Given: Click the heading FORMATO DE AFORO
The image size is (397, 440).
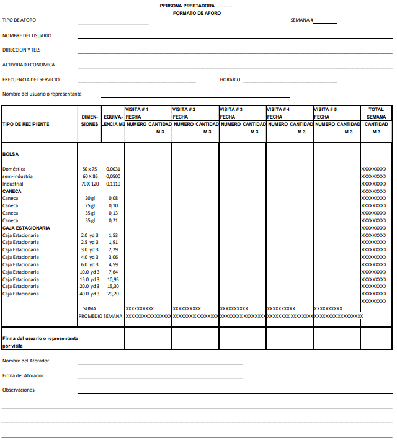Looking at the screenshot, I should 197,13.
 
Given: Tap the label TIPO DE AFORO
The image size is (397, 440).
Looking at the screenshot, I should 19,20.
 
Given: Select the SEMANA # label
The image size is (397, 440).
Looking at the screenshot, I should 301,20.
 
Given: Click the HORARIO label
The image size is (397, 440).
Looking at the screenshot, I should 230,79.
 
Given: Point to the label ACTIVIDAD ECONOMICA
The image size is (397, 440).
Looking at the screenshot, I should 29,65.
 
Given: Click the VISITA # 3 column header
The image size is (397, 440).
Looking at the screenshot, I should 231,109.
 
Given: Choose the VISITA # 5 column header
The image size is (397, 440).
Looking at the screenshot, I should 325,109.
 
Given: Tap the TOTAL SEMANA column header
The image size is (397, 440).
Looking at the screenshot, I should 376,113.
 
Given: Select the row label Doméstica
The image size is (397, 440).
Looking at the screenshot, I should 14,169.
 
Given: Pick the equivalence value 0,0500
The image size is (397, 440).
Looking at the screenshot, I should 113,176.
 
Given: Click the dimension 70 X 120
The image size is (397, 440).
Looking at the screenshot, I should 90,184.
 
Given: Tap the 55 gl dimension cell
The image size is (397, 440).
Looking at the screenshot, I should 90,220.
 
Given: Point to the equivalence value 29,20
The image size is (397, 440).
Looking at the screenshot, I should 113,294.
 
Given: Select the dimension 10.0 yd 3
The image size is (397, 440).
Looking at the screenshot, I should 89,272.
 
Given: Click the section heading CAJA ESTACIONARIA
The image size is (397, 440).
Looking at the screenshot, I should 26,228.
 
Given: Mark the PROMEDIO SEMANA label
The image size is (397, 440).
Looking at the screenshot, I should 100,316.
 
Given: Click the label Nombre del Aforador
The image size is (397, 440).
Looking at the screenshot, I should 25,361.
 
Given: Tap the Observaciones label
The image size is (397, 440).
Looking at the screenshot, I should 19,390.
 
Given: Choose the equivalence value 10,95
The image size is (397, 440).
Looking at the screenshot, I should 113,279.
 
